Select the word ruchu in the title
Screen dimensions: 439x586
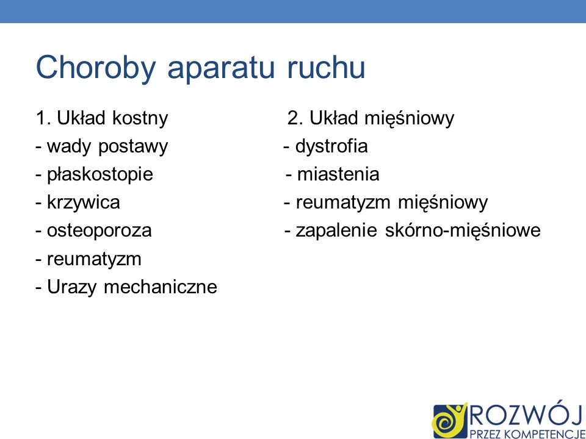click(326, 68)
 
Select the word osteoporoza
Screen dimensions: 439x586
click(99, 231)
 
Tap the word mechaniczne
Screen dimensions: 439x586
click(161, 287)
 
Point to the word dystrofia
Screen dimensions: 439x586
click(331, 147)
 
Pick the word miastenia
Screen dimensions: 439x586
click(338, 175)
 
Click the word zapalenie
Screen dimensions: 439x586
click(338, 231)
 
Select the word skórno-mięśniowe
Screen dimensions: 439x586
click(463, 231)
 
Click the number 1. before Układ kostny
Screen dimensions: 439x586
click(44, 118)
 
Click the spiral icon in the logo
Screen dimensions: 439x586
click(449, 419)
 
